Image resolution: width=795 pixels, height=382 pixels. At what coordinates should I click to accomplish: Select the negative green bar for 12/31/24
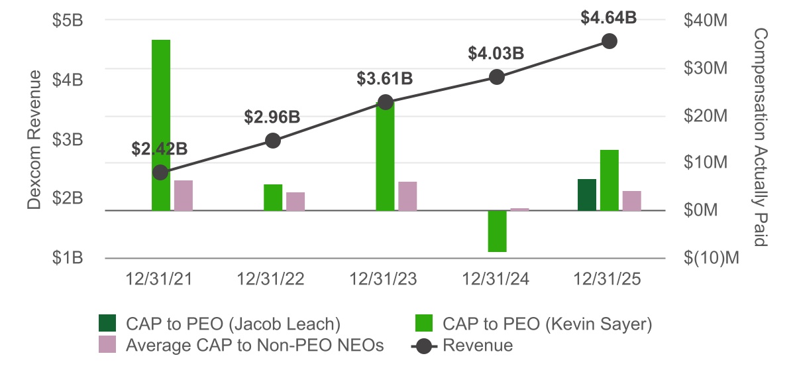tap(498, 231)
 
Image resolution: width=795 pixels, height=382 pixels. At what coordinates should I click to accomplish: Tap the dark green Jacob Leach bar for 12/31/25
tap(587, 194)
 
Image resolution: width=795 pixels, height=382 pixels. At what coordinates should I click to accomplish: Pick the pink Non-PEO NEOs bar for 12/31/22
tap(295, 201)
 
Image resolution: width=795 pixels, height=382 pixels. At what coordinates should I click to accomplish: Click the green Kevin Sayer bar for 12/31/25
tap(609, 180)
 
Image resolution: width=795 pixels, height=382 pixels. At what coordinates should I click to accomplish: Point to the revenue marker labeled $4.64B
tap(609, 41)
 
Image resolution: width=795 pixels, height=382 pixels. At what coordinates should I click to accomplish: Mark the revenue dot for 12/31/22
tap(273, 140)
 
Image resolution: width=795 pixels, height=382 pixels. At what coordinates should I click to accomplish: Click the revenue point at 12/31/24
tap(498, 76)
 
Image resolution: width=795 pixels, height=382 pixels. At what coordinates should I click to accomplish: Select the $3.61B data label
tap(385, 79)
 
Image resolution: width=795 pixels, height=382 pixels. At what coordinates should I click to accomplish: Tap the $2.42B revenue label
tap(160, 149)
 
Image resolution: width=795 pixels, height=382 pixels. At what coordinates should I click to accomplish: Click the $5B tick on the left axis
tap(68, 21)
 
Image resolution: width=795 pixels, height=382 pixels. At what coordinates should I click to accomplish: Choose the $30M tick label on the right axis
tap(705, 68)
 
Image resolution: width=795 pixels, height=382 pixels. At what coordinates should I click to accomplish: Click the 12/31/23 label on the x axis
tap(384, 279)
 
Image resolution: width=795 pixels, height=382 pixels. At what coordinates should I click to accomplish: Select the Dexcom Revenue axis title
tap(34, 139)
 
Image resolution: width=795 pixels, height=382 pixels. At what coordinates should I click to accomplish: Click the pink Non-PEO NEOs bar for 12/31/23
tap(407, 196)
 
